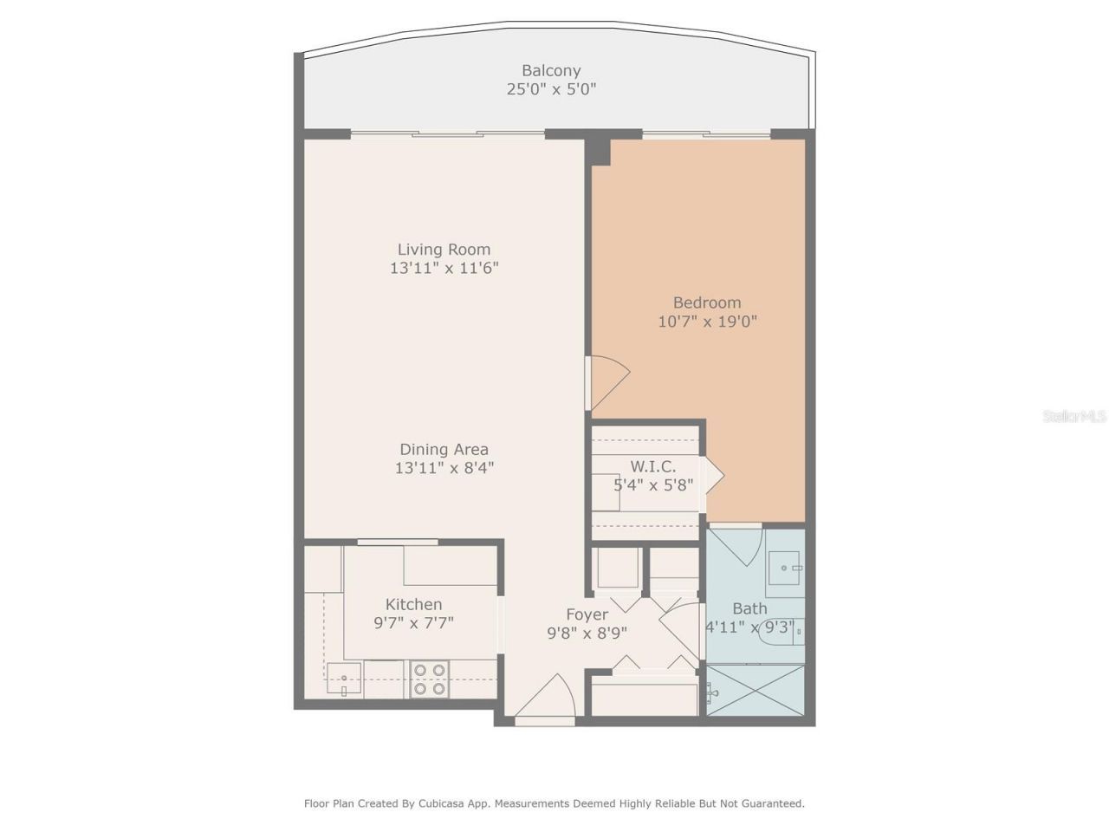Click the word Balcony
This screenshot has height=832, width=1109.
tap(551, 70)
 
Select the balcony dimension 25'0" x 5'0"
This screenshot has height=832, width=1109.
tap(551, 88)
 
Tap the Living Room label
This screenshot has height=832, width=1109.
tap(444, 250)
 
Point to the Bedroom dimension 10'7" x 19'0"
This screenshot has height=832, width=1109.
tap(707, 322)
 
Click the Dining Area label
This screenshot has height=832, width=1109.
tap(444, 449)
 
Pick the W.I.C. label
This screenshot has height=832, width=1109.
tap(652, 466)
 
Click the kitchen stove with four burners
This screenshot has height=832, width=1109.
tap(429, 679)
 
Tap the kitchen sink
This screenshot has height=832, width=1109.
tap(344, 679)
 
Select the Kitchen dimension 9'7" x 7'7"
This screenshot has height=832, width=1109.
tap(413, 622)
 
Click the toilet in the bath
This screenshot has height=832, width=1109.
tap(781, 633)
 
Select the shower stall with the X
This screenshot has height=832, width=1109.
tap(756, 690)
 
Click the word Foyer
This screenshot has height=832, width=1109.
tap(587, 614)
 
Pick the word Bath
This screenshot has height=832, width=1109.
tap(749, 608)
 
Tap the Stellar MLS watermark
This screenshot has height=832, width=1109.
tap(1074, 416)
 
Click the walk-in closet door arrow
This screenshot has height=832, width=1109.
tap(714, 475)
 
